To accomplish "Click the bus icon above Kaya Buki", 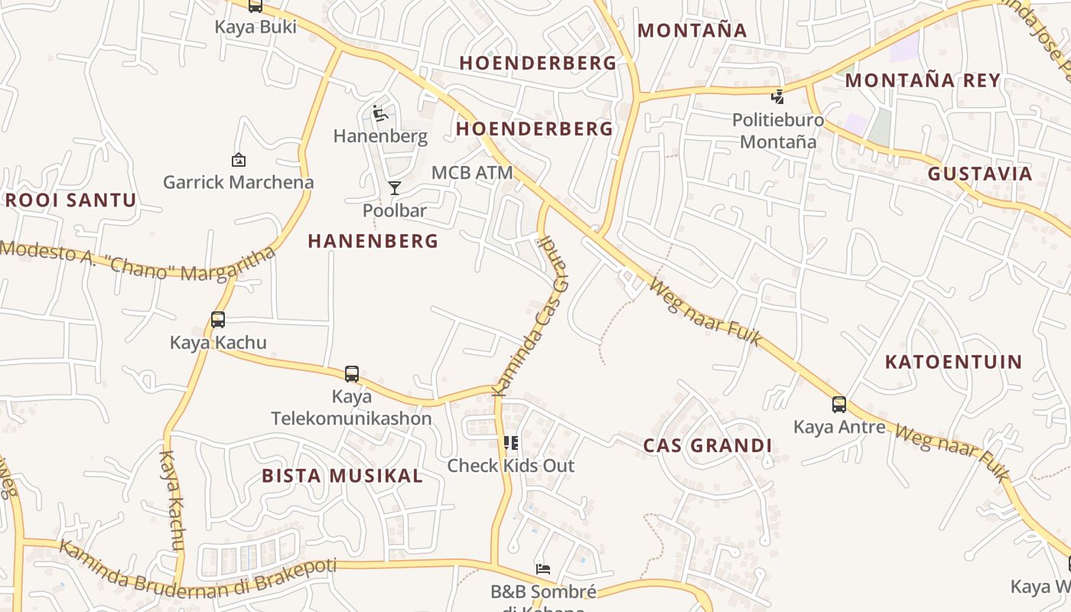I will click(256, 6).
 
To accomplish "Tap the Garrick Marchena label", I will click(238, 182).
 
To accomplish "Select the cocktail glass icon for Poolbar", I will click(394, 188).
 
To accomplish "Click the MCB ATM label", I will click(472, 173).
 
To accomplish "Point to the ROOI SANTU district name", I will click(70, 201).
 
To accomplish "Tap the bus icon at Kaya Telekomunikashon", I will click(352, 374).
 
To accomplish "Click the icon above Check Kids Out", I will click(511, 443).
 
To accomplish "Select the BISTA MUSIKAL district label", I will click(342, 476).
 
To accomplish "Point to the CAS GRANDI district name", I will click(708, 446).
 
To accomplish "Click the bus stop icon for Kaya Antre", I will click(839, 405).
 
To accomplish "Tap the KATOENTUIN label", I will click(953, 362).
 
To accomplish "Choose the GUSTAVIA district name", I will click(980, 174).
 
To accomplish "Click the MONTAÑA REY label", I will click(923, 80).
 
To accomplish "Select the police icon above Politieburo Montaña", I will click(778, 96).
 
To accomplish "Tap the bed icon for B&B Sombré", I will click(543, 569).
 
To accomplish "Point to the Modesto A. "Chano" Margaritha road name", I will click(138, 261).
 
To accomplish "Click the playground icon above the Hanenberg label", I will click(380, 114).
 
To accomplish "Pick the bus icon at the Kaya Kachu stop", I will click(218, 320).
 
